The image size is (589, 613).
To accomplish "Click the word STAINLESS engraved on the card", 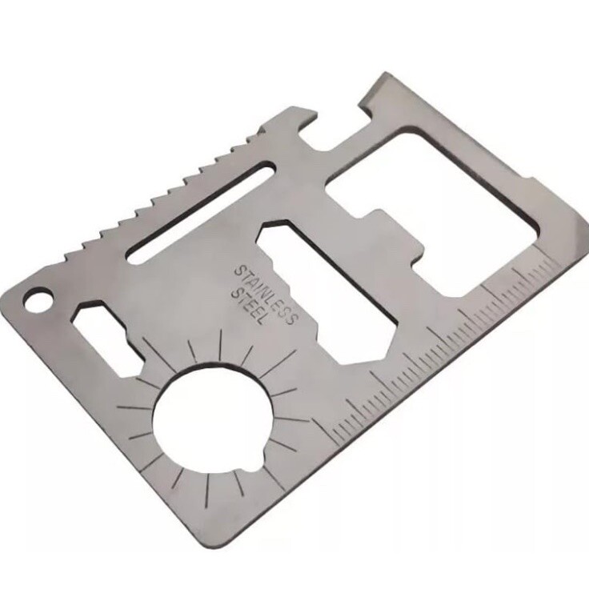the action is click(x=266, y=294).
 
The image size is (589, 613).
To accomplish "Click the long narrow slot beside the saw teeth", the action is click(x=202, y=212).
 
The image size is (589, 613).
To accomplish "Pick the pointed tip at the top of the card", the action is click(x=384, y=73).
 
